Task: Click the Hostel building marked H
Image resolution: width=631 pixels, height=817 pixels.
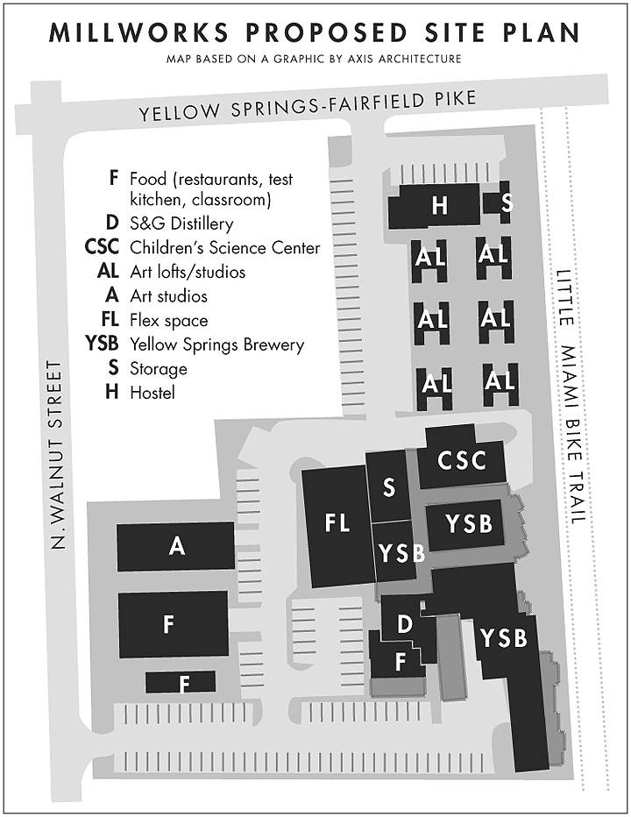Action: pos(438,206)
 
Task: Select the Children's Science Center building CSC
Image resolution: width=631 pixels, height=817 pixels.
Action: pos(461,459)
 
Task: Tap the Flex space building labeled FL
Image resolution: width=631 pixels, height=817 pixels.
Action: pos(337,524)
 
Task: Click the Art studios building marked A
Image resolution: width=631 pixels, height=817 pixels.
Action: pos(176,546)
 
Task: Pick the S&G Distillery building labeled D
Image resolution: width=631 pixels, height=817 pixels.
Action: pos(404,624)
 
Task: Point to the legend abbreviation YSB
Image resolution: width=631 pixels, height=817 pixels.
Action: pos(100,345)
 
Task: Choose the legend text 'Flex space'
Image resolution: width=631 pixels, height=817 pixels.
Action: pos(168,321)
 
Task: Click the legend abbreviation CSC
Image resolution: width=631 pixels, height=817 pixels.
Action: pos(101,248)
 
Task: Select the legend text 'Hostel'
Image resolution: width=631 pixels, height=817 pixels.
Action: pos(152,393)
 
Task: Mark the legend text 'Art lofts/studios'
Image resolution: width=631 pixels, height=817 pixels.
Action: pos(188,273)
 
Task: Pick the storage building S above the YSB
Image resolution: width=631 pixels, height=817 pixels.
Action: pos(388,487)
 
